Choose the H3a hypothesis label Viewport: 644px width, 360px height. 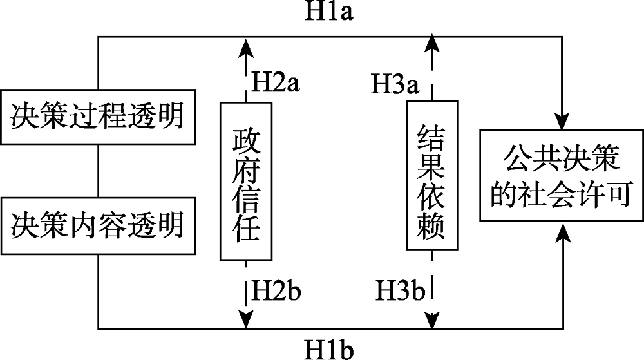[x=395, y=82]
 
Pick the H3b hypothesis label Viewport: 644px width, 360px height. [x=400, y=291]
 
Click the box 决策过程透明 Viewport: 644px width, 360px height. [x=97, y=117]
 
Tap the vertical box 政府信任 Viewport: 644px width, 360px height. [x=245, y=182]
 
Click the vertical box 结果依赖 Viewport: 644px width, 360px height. [x=432, y=175]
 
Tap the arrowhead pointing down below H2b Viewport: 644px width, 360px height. [x=245, y=318]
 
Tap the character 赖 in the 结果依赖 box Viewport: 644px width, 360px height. [x=432, y=229]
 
